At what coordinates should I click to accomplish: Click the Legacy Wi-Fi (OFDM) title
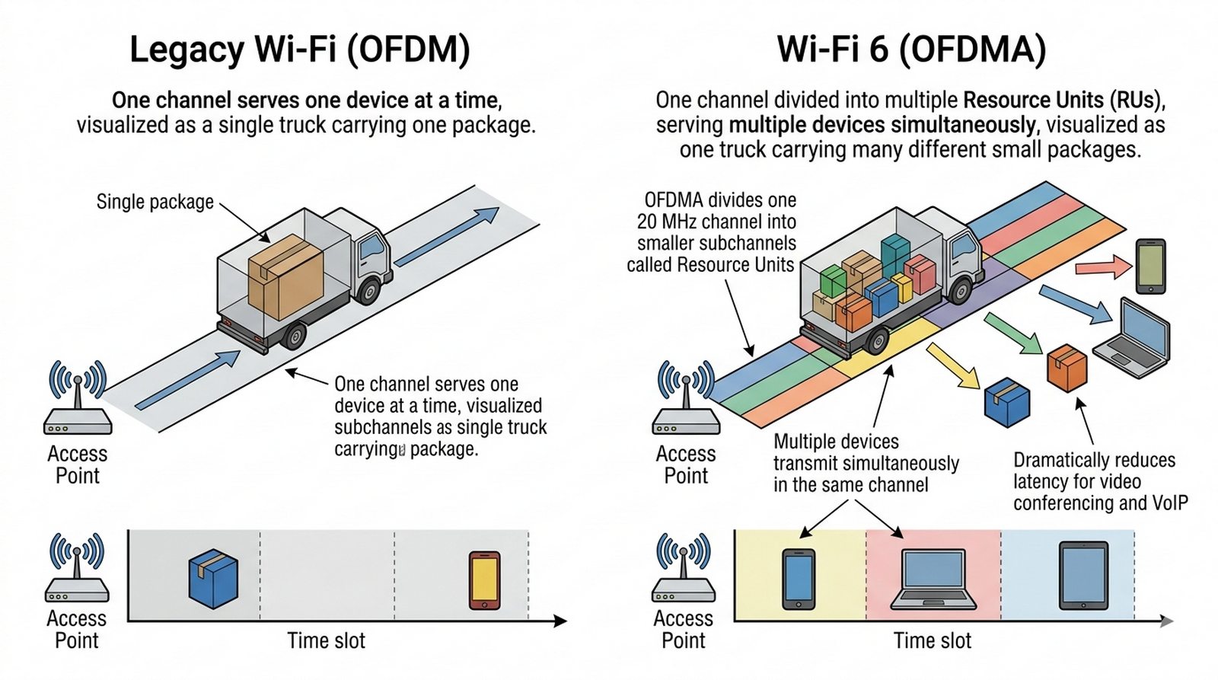[300, 49]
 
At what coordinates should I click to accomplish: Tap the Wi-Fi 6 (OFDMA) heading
[911, 49]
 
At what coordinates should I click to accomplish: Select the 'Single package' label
[155, 202]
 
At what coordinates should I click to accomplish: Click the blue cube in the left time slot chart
[213, 578]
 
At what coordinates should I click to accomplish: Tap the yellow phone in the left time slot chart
[484, 580]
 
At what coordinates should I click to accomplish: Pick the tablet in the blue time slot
[1083, 576]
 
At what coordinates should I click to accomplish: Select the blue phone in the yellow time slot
[799, 579]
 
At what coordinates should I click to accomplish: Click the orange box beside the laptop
[1067, 368]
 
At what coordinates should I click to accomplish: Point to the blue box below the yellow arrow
[1006, 403]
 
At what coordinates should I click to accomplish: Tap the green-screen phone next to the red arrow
[1150, 266]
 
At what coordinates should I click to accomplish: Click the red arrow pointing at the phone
[1103, 267]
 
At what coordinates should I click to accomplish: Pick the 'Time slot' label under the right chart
[933, 641]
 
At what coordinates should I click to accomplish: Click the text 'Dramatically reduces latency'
[1094, 471]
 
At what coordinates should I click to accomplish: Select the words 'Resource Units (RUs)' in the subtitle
[1063, 101]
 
